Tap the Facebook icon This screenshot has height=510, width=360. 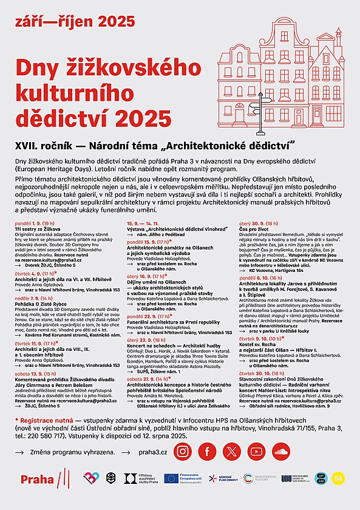tap(208, 451)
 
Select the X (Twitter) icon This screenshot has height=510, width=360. tap(232, 451)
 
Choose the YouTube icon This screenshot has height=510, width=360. tap(256, 451)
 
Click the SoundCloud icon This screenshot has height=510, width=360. tap(280, 451)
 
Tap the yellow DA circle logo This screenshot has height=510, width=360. tap(338, 478)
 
